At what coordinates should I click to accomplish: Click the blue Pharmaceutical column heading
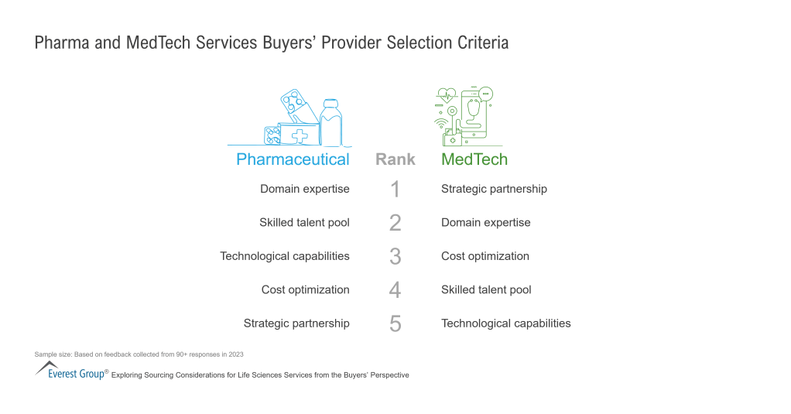[293, 159]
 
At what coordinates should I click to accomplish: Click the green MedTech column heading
[474, 159]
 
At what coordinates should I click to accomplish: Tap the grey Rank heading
[395, 159]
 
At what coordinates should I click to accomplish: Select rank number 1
[395, 189]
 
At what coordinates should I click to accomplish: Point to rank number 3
[395, 256]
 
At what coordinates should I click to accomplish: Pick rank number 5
[395, 323]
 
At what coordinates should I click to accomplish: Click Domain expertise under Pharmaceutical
[304, 189]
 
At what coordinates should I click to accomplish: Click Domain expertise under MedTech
[485, 223]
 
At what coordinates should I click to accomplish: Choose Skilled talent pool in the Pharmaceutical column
[304, 223]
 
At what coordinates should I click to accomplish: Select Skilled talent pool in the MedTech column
[485, 290]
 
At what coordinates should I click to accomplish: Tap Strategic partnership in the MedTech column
[494, 189]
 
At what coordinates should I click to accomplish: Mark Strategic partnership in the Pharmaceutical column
[296, 323]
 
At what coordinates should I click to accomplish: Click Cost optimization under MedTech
[485, 256]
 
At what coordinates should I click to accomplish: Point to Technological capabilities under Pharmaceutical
[285, 256]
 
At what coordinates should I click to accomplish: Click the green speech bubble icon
[485, 94]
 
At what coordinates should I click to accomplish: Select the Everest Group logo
[70, 371]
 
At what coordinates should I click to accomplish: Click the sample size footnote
[139, 354]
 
